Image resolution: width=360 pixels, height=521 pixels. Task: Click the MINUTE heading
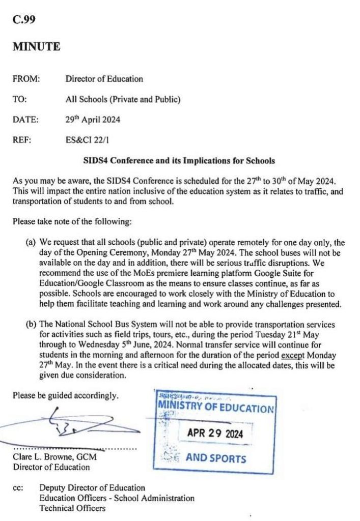coord(36,47)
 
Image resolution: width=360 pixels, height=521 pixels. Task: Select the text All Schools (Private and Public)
coord(123,100)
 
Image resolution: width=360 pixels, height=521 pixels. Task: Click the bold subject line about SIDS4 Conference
coord(179,161)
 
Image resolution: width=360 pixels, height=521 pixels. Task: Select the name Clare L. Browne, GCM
coord(54,457)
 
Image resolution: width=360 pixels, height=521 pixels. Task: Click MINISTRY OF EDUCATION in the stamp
coord(216,408)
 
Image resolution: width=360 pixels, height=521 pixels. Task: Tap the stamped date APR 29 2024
coord(215,434)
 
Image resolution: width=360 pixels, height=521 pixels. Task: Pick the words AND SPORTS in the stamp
coord(216,458)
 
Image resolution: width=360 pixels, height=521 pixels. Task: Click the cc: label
coord(18,488)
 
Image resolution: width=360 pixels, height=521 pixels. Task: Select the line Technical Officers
coord(73,508)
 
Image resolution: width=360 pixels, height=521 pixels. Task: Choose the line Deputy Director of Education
coord(92,488)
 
